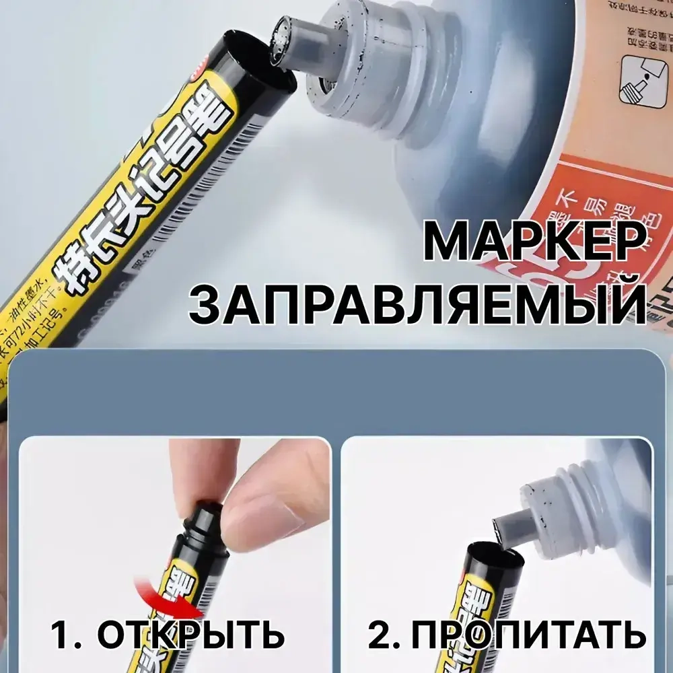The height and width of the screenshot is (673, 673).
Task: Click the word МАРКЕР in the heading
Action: point(535,242)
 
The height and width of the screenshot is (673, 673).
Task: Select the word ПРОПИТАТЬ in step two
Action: point(528,634)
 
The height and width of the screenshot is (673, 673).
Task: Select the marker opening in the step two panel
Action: point(495,559)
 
